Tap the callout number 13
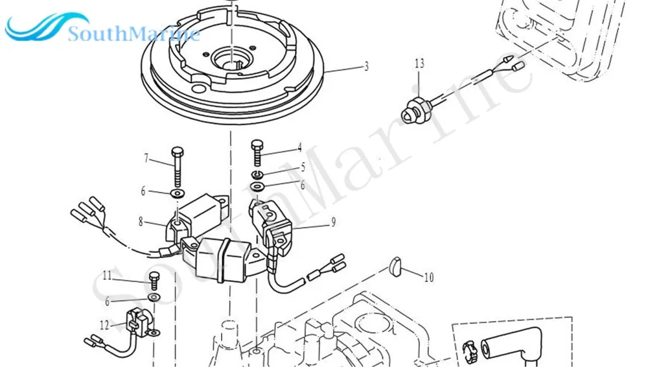click(x=419, y=63)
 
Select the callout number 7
click(x=146, y=158)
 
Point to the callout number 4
click(x=299, y=148)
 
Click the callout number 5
click(x=302, y=167)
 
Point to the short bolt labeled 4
click(x=257, y=153)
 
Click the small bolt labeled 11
click(x=154, y=281)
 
